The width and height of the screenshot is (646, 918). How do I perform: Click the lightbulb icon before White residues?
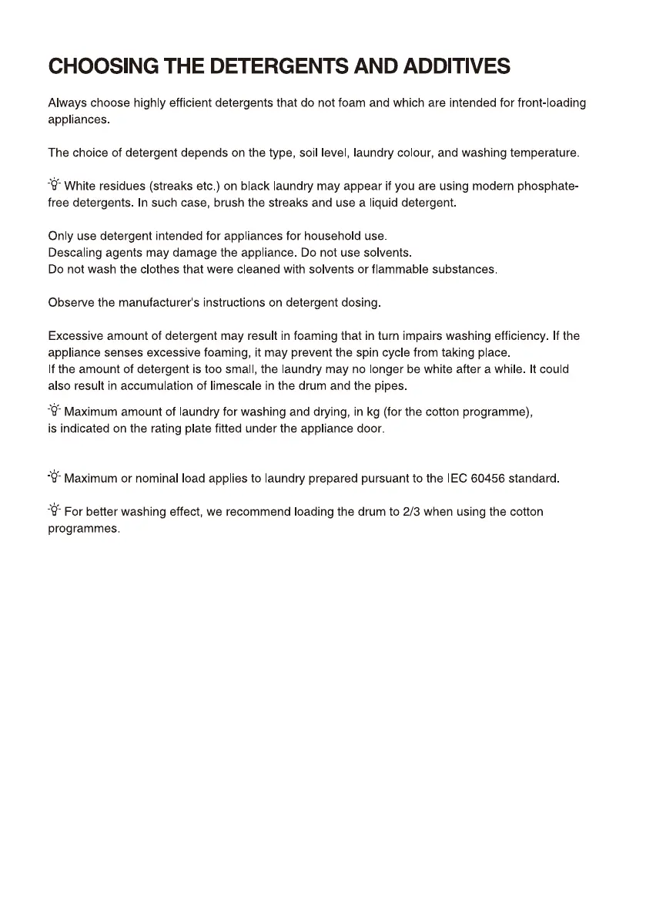tap(54, 186)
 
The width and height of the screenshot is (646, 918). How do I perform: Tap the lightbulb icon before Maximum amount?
tap(54, 412)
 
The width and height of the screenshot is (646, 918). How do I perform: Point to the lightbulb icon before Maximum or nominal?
tap(54, 478)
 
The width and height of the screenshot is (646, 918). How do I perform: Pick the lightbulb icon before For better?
tap(54, 511)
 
